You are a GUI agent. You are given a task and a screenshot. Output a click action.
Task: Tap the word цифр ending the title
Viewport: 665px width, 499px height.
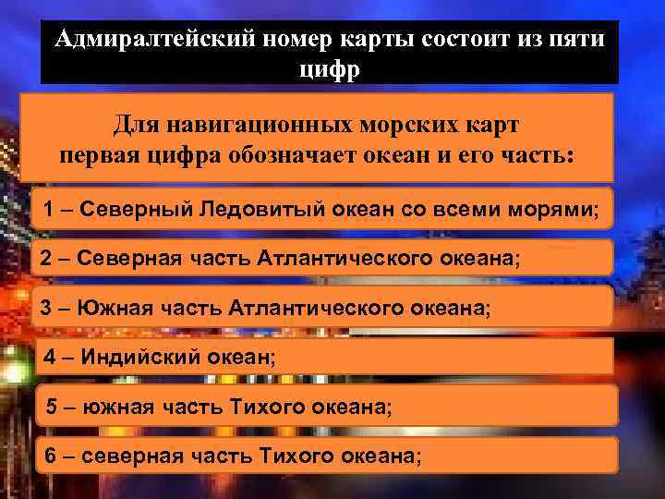pos(327,68)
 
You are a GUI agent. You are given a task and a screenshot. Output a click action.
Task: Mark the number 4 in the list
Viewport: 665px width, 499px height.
pos(50,356)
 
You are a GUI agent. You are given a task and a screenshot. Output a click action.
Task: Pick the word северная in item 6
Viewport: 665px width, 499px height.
pos(131,455)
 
